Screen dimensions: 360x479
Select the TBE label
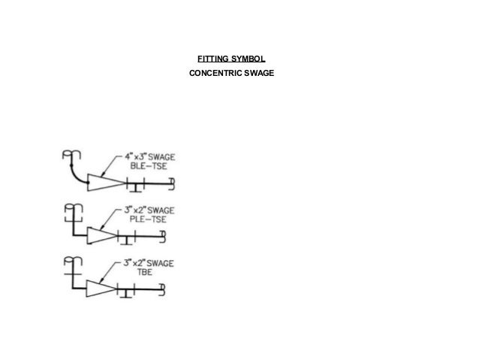tap(137, 272)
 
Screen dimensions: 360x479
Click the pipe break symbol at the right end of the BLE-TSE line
tap(173, 182)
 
